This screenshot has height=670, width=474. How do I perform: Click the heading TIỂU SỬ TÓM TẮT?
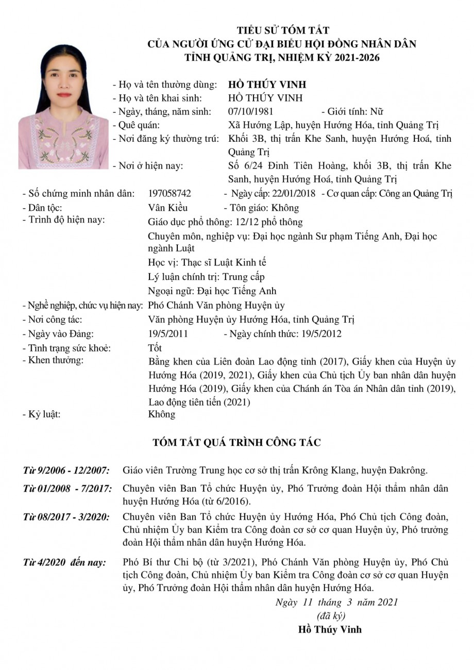pos(282,30)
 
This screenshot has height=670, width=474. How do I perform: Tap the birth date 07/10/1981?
pos(250,111)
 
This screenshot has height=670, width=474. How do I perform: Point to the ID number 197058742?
pos(169,194)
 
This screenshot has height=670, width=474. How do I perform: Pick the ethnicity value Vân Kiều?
pos(167,208)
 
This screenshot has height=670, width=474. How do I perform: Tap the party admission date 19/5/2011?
pos(167,334)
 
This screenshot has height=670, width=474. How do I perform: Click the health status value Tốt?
pos(155,348)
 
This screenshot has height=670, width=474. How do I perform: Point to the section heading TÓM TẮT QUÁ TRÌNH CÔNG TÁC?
pos(237,442)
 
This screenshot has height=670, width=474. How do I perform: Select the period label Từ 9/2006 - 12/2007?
pos(66,470)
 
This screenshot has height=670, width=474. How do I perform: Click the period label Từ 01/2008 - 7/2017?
pos(67,488)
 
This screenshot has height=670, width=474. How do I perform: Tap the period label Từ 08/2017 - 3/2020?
pos(66,516)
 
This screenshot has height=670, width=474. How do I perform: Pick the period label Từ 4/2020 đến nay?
pos(64,562)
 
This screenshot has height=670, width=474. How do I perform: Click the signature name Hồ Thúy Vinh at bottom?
pos(330,629)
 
